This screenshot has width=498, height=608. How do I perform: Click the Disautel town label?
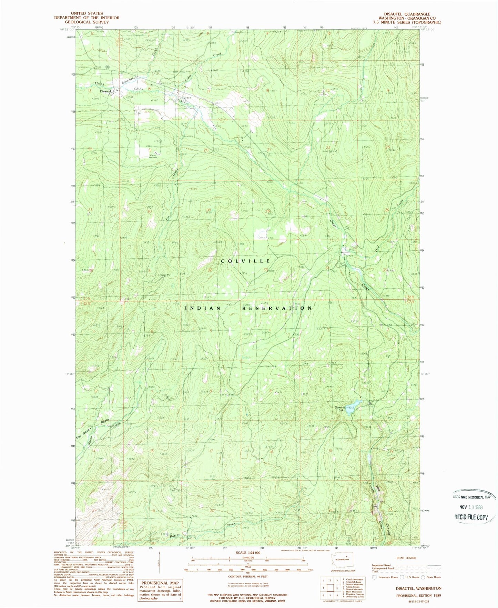pyautogui.click(x=106, y=91)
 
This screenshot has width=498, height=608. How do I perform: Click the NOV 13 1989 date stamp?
pyautogui.click(x=471, y=507)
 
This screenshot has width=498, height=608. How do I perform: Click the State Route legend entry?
pyautogui.click(x=434, y=577)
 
